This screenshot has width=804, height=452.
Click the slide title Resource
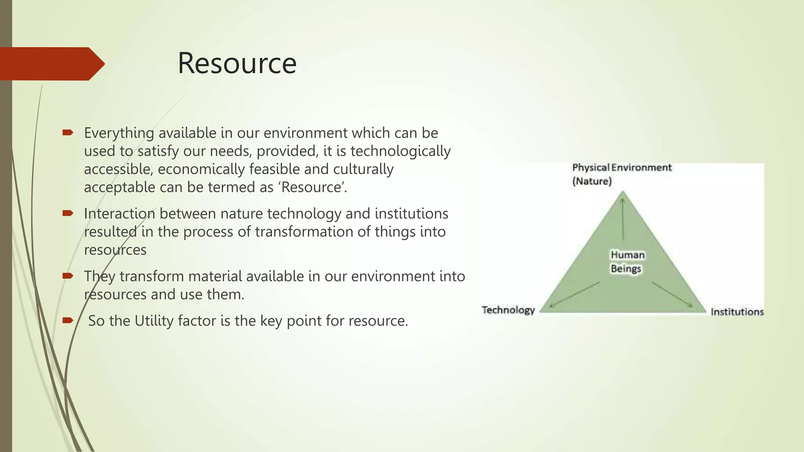click(237, 63)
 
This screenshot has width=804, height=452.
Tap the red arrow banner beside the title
click(51, 64)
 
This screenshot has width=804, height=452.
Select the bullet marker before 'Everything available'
click(68, 133)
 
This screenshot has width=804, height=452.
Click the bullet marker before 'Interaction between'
click(68, 213)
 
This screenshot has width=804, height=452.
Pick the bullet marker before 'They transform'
click(68, 276)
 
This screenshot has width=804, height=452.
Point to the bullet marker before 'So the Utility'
click(68, 321)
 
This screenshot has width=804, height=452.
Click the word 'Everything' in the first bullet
click(119, 133)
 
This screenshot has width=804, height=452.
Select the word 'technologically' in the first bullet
click(400, 151)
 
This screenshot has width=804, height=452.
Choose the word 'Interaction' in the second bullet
click(119, 214)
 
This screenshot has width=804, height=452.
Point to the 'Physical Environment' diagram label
click(622, 168)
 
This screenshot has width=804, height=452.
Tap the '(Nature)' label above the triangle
click(592, 181)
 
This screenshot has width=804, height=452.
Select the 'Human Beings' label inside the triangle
click(627, 262)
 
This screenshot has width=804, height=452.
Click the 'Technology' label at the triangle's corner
click(508, 310)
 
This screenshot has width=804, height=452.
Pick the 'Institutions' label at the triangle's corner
click(737, 312)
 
